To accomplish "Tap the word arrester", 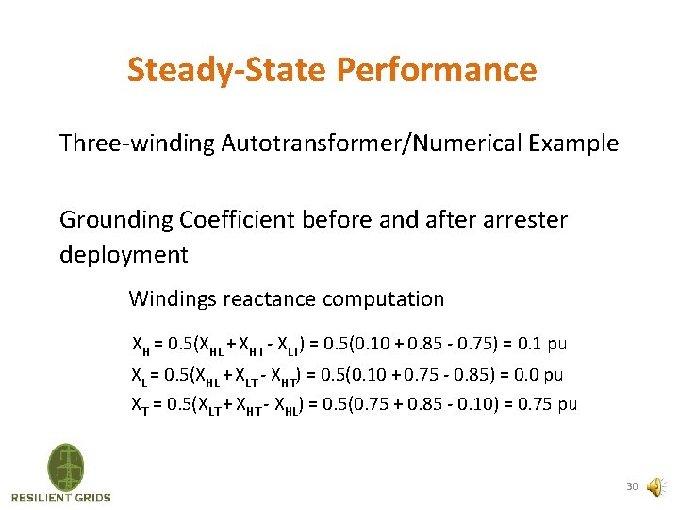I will tap(523, 220).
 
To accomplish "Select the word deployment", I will tap(124, 255).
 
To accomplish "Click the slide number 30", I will tap(632, 487).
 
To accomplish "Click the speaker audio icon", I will tap(654, 486).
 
